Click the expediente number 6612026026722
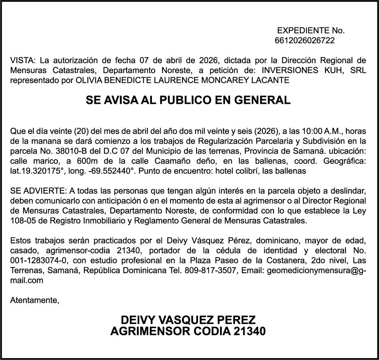(x=304, y=41)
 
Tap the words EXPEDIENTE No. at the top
(x=311, y=31)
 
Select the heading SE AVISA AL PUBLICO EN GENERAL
(x=188, y=100)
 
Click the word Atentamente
(x=34, y=300)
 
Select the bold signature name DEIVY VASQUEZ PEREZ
(x=188, y=320)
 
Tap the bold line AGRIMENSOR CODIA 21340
(x=188, y=331)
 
